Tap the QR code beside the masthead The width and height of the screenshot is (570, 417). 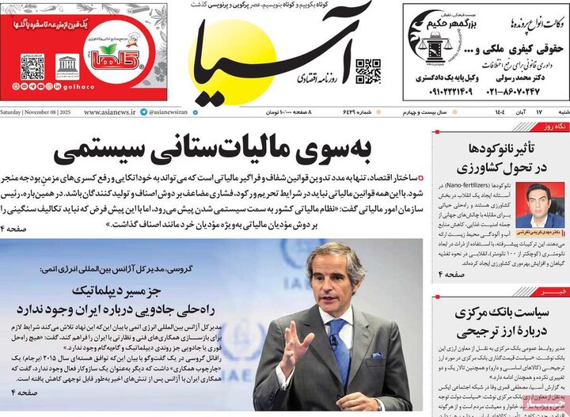(367, 70)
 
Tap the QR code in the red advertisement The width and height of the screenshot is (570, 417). (32, 66)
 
